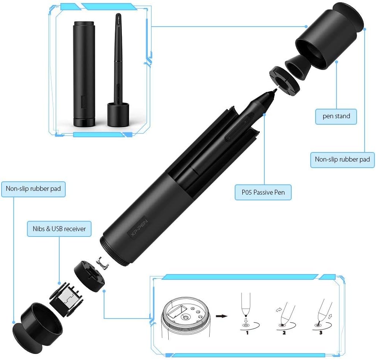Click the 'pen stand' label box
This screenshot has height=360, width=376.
(336, 117)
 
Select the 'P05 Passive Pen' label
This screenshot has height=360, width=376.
(263, 192)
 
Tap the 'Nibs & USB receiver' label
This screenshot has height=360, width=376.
(59, 229)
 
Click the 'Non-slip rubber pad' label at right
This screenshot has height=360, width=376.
(343, 160)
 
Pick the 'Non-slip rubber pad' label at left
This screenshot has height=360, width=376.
(33, 189)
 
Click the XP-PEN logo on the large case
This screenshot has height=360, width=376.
(139, 228)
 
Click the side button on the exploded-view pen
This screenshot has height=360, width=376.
(239, 128)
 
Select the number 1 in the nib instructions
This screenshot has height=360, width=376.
(247, 333)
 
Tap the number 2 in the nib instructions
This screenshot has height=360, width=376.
(284, 333)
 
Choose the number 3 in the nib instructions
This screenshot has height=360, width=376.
(321, 333)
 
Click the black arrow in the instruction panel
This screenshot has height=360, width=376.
(221, 316)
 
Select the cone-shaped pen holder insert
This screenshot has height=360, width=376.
(298, 66)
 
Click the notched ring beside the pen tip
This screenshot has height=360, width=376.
(284, 81)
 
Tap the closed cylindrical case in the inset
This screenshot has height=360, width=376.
(84, 74)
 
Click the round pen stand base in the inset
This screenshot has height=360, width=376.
(118, 114)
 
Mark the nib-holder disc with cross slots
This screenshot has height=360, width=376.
(90, 276)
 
